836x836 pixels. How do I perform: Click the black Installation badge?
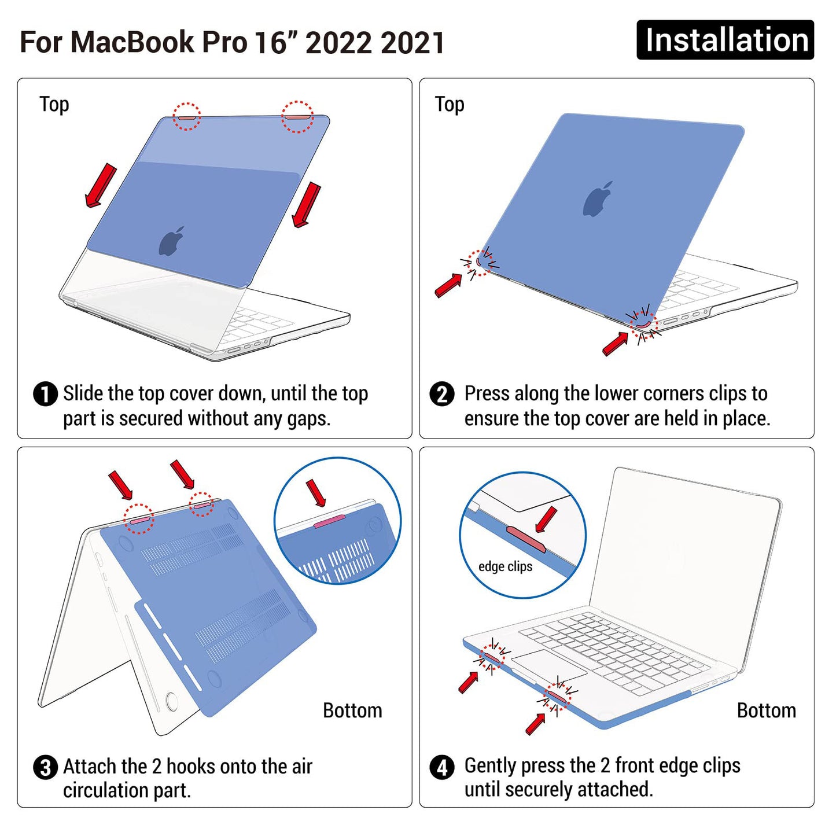point(725,40)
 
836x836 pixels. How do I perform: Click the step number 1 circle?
point(45,395)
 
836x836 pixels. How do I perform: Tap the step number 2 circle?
point(442,395)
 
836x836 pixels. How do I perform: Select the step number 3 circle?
point(45,768)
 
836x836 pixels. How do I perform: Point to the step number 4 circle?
point(442,768)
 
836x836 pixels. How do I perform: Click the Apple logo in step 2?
point(598,200)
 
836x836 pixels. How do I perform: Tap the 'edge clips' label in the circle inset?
point(505,566)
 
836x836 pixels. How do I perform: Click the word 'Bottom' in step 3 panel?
point(352,710)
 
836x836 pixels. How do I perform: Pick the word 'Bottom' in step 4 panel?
point(766,710)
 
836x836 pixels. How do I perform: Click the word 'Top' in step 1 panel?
point(54,105)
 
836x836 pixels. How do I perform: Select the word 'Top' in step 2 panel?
point(450,105)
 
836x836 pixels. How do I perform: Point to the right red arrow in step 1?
point(307,205)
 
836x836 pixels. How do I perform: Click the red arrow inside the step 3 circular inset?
point(316,492)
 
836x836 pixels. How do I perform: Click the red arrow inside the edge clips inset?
point(546,520)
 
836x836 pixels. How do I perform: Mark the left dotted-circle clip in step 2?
point(479,262)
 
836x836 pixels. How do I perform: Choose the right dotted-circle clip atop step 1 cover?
point(297,116)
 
